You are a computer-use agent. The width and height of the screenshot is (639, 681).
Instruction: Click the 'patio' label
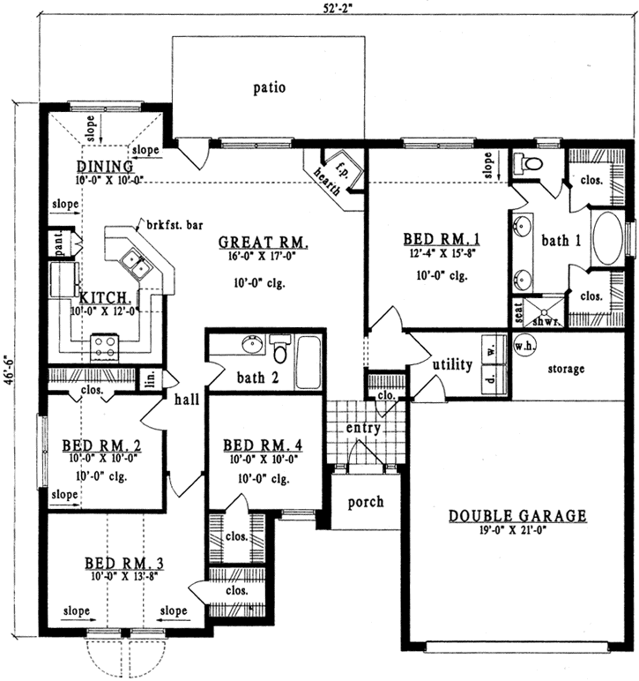[271, 87]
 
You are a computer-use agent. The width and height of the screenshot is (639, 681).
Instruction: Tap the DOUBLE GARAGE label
[517, 516]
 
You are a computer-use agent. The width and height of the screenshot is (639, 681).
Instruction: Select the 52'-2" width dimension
[331, 8]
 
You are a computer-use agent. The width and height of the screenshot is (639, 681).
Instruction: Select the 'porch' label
[366, 503]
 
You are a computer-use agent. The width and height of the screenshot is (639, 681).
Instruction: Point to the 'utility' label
[451, 363]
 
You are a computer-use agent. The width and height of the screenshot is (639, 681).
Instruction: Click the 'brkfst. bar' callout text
[167, 226]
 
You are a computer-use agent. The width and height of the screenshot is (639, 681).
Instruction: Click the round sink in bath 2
[249, 343]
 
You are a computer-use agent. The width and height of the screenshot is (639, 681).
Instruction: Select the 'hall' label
[187, 399]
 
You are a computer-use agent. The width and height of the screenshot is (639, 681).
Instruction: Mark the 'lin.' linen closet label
[150, 379]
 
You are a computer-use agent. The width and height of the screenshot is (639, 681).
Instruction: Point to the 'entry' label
[363, 428]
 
